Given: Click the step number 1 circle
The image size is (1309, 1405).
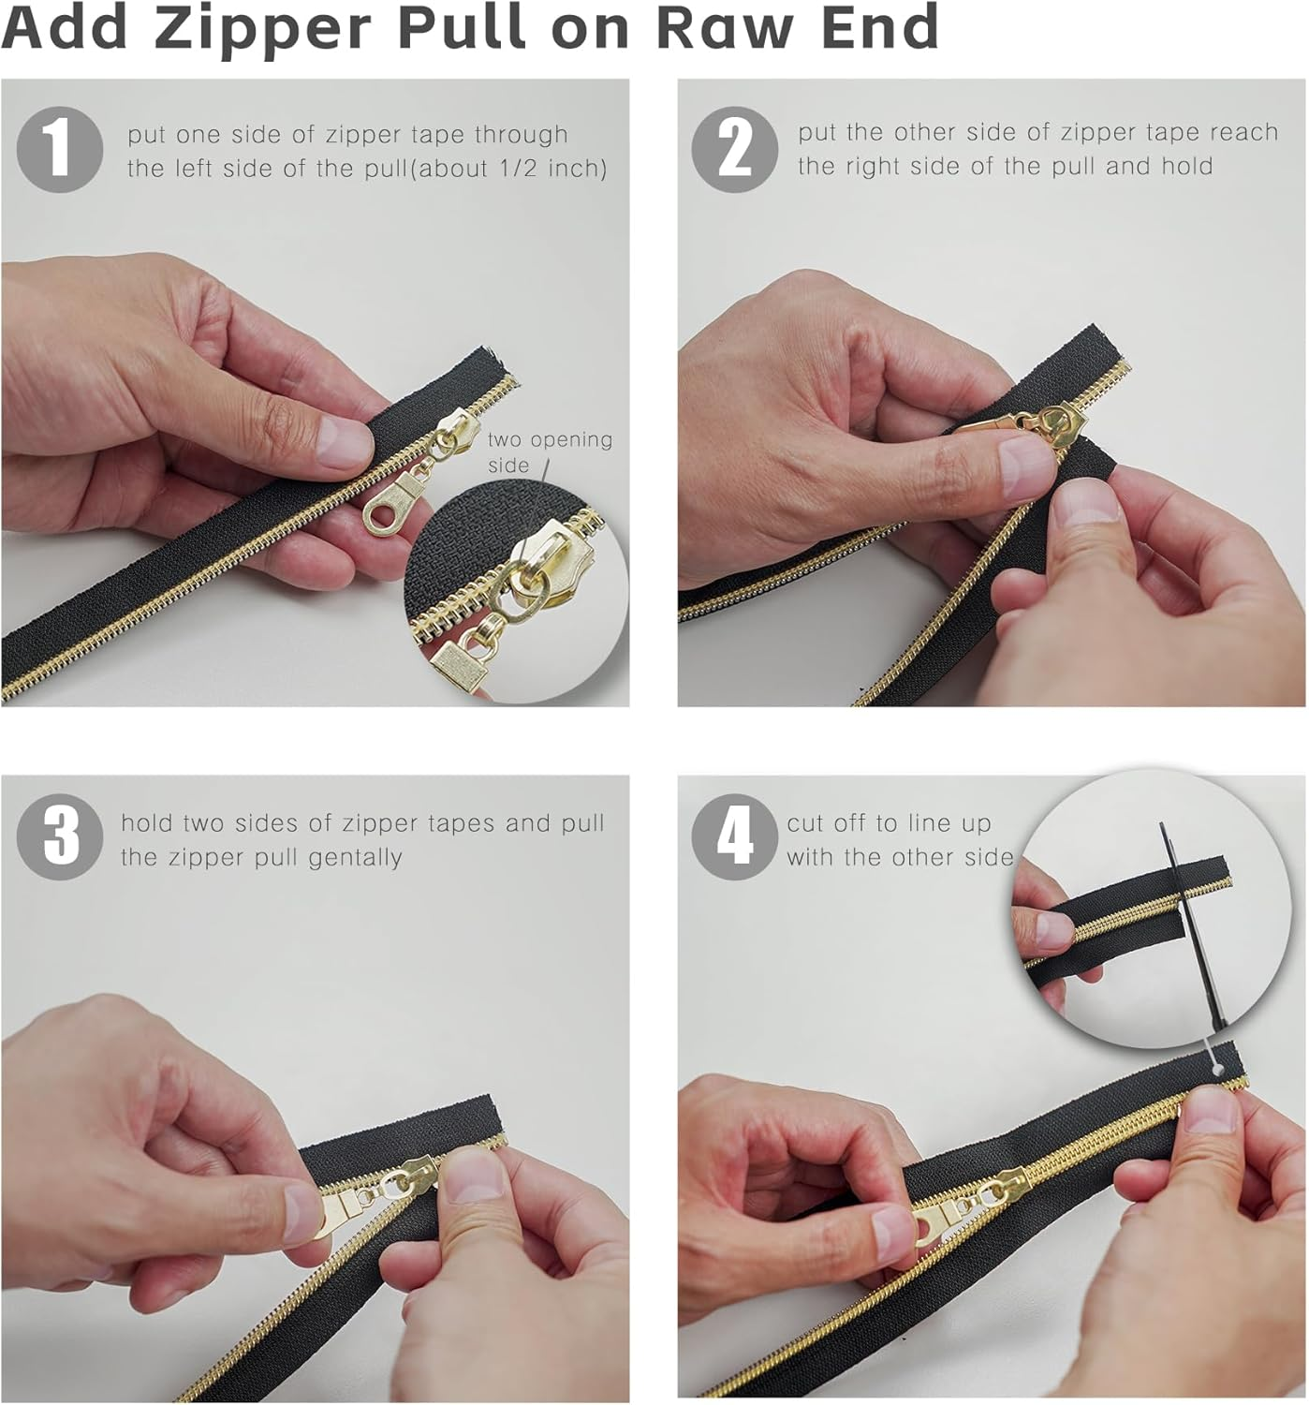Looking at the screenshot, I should click(59, 150).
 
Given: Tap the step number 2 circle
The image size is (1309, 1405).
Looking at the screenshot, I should click(734, 150).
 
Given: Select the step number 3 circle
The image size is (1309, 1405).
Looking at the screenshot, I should click(59, 836).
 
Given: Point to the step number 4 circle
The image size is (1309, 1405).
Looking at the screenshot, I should click(734, 836).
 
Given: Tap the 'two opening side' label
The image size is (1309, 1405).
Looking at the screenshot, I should click(549, 451).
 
